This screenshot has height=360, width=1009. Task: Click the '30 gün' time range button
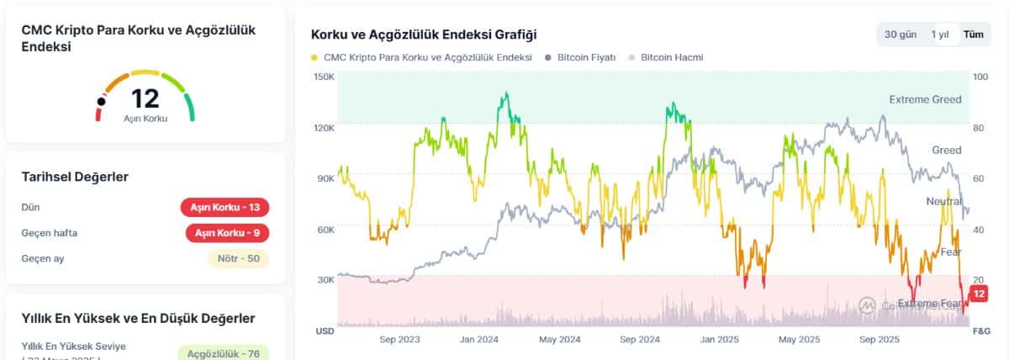click(900, 34)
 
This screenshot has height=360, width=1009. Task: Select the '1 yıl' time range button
click(939, 34)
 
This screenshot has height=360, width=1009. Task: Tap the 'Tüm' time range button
click(973, 34)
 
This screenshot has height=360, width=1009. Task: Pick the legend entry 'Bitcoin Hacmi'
click(671, 57)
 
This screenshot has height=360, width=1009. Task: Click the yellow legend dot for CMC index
click(314, 57)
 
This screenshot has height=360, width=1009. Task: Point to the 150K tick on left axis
click(325, 77)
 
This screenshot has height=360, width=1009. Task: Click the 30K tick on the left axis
click(325, 279)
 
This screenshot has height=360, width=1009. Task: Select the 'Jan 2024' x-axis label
click(479, 340)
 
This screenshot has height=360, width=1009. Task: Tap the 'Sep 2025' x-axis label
click(880, 340)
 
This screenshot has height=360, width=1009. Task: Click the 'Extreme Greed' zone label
click(925, 99)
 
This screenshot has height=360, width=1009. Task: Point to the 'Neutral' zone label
click(943, 201)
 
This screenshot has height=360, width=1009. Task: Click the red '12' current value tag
click(978, 294)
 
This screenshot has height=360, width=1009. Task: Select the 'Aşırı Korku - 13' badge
click(225, 208)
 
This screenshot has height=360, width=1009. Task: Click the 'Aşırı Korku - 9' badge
click(227, 233)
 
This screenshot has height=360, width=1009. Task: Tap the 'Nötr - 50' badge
click(238, 258)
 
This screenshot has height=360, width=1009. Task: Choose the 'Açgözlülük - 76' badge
click(224, 352)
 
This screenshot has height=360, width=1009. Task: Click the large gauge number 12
click(145, 98)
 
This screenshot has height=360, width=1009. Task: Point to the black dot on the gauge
click(102, 102)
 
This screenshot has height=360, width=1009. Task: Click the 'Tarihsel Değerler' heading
click(75, 177)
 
